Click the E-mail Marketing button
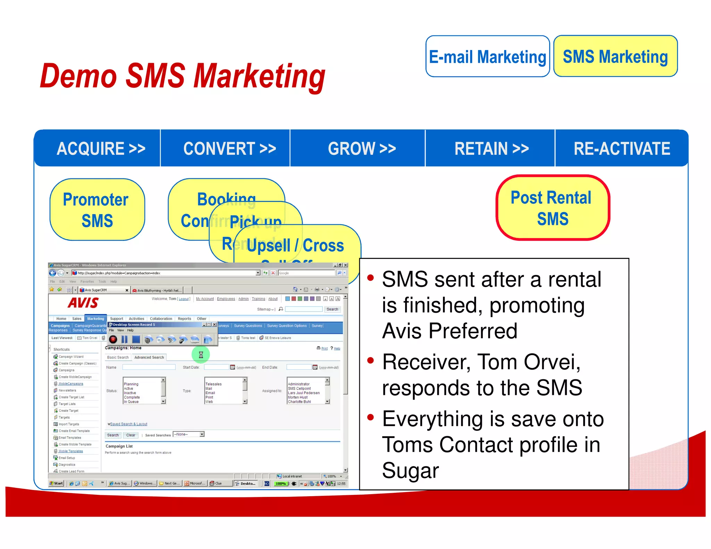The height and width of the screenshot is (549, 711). tap(487, 57)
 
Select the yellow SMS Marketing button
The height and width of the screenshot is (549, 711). tap(615, 57)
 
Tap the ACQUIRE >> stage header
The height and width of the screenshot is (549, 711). tap(101, 149)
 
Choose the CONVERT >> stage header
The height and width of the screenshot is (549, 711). tap(229, 149)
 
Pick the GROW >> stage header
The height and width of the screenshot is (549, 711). tap(362, 149)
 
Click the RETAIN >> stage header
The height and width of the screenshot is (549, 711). tap(491, 149)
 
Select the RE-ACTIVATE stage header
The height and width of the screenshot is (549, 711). tap(621, 149)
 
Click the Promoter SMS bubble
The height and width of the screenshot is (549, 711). tap(97, 210)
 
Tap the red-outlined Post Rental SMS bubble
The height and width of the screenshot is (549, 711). tap(552, 208)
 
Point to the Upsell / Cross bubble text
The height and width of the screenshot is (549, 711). tap(295, 245)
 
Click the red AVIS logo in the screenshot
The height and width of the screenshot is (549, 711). tap(83, 303)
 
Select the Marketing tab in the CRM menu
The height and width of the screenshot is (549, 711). tap(95, 319)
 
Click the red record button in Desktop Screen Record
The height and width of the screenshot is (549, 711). tap(113, 339)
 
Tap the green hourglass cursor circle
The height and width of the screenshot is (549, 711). tap(201, 355)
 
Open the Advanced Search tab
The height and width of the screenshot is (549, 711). tap(149, 357)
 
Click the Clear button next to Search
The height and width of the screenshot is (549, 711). tap(131, 435)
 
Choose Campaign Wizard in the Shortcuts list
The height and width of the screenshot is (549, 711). tap(71, 357)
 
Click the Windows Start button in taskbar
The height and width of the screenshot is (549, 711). tap(56, 483)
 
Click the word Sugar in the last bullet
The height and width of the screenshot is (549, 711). tap(410, 471)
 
